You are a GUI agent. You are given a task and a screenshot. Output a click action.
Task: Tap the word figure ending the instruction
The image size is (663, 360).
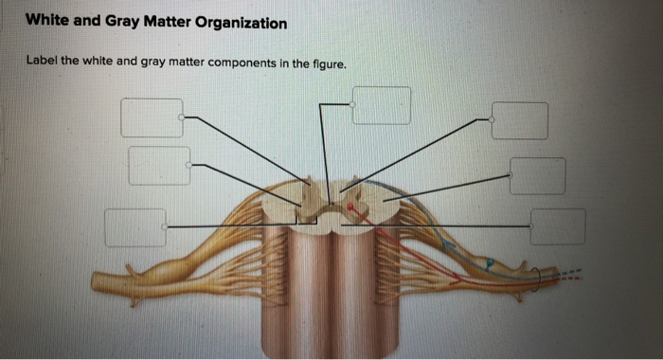pos(326,63)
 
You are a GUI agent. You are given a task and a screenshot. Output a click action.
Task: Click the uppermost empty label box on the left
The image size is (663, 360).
pos(152,117)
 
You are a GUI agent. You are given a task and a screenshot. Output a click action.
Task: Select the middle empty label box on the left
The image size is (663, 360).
pos(159,165)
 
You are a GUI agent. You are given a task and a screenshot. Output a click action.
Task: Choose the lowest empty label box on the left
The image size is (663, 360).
pos(134,226)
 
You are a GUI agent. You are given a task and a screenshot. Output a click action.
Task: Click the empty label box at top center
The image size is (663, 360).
pos(382,104)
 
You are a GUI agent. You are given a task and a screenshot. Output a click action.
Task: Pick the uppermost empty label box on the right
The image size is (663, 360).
pos(519,119)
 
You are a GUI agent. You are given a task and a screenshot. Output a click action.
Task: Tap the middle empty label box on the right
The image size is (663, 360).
pos(538,175)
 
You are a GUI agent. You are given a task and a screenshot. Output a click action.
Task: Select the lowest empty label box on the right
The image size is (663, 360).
pos(557,226)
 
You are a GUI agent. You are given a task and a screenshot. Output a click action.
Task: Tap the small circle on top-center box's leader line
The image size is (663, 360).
pos(352,104)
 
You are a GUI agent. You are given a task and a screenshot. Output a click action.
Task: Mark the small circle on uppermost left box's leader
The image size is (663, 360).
pos(185,117)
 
